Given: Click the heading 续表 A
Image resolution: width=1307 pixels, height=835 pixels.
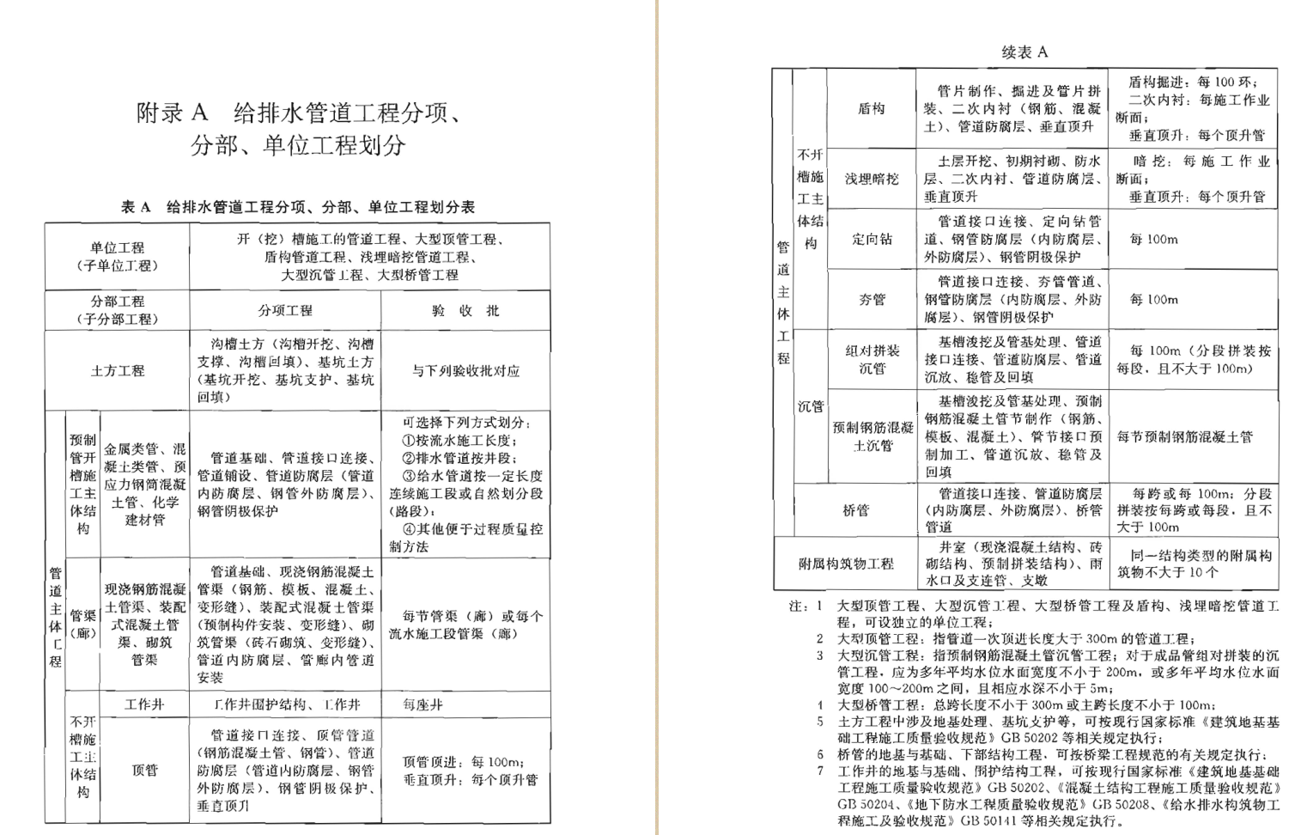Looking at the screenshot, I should coord(1024,52).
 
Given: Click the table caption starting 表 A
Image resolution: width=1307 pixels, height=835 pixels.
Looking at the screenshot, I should coord(297,207).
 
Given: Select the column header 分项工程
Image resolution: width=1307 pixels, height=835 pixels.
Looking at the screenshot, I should coord(285,310).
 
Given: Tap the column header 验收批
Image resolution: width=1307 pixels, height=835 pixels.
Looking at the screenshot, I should coord(465,310).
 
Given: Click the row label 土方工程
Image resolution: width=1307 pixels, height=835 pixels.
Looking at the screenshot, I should coord(118,370).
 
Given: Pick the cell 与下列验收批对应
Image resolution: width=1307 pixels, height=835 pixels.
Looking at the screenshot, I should coord(465,371).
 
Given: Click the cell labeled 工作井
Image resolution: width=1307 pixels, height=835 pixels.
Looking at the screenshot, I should coord(144,704).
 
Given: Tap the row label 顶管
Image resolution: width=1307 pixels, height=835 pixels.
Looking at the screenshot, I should coord(144,771).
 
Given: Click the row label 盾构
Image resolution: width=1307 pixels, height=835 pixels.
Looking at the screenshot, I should coord(871,108).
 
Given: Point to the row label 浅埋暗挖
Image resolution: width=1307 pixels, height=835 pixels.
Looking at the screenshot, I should coord(871,179).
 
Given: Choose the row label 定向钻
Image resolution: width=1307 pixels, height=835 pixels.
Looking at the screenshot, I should coord(871,239).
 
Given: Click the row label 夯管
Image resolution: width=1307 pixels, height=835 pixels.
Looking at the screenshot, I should coord(871,299).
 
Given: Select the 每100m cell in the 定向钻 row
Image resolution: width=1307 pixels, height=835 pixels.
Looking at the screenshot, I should coord(1153,239).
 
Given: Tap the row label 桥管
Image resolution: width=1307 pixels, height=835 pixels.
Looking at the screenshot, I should coord(855,510).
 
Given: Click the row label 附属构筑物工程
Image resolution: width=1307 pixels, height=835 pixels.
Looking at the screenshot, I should coord(846,564).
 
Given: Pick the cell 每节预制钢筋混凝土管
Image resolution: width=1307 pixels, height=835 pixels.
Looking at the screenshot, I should coord(1184,437).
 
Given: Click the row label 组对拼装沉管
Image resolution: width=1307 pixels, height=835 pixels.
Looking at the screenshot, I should coord(872,360).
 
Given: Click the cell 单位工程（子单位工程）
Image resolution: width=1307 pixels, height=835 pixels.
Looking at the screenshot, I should coord(118,257).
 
